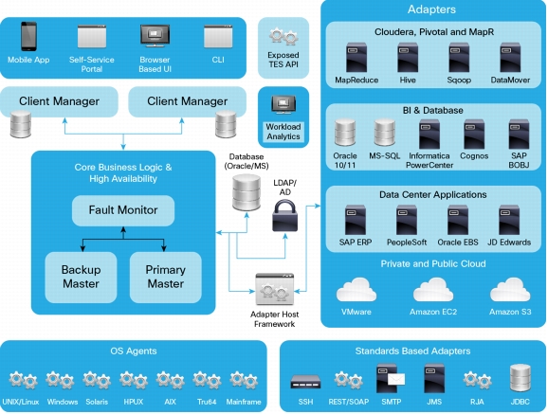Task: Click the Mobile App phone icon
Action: click(28, 36)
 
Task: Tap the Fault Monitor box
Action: click(123, 210)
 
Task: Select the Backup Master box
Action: click(81, 277)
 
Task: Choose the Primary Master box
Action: click(165, 277)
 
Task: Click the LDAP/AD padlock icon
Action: click(284, 216)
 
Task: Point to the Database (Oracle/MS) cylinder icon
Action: click(247, 192)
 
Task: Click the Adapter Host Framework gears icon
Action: click(274, 289)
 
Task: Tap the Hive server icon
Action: click(408, 58)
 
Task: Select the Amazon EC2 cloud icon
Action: click(433, 290)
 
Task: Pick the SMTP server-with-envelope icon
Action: click(391, 378)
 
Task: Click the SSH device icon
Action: click(305, 382)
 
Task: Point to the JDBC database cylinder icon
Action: click(521, 378)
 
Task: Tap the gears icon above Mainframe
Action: click(244, 380)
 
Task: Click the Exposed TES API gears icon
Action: click(283, 37)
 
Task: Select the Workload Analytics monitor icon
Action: click(283, 105)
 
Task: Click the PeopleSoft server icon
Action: click(407, 220)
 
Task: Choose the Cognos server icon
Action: click(474, 135)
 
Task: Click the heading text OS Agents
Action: click(134, 351)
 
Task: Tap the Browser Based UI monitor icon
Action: click(155, 36)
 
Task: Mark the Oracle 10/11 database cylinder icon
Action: click(345, 134)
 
